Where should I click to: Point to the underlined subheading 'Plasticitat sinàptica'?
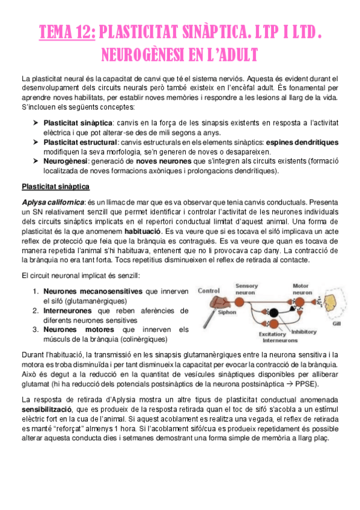point(55,186)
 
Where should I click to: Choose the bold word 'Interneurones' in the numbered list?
point(67,310)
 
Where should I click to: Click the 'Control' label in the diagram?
point(209,290)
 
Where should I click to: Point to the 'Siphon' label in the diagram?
point(227,312)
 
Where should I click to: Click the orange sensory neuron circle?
point(247,299)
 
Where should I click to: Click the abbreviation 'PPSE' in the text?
point(310,367)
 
